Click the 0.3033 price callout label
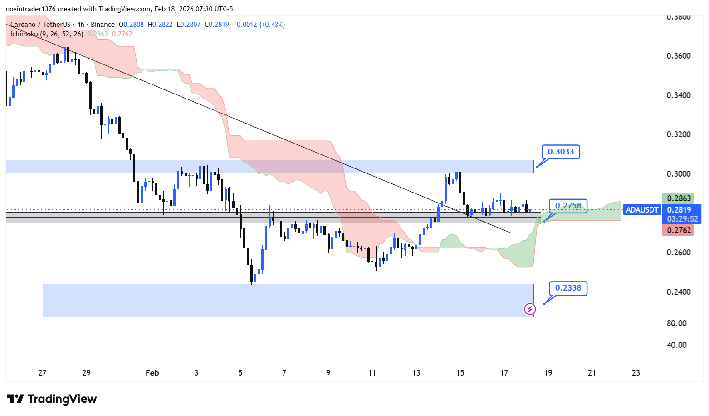(x=561, y=152)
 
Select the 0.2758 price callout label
(x=568, y=206)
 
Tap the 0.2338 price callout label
(x=568, y=288)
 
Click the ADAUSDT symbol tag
(x=642, y=210)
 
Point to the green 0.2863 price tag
(x=679, y=198)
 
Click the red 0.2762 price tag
(x=679, y=230)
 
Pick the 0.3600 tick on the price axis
(x=679, y=56)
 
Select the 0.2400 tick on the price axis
(x=679, y=292)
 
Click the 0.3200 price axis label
(x=679, y=134)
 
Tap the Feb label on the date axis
(x=152, y=373)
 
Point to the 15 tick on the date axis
(x=460, y=373)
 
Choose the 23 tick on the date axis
(x=636, y=373)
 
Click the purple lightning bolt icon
(x=530, y=309)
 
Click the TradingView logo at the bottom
(x=52, y=399)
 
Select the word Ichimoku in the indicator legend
(x=24, y=34)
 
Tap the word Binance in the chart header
(x=103, y=25)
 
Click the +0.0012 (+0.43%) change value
(x=259, y=25)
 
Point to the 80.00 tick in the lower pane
(x=676, y=323)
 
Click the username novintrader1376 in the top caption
(x=30, y=9)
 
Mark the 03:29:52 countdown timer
(x=682, y=219)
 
